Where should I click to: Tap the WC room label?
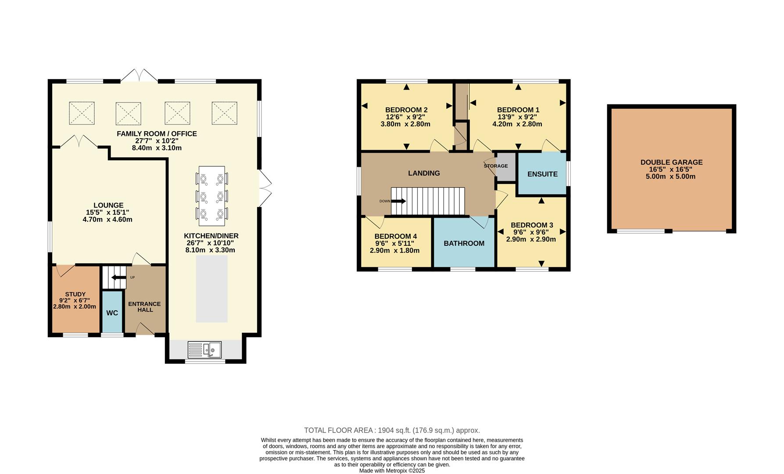coord(112,313)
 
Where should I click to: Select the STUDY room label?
coord(75,294)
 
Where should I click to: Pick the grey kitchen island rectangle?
coord(212,289)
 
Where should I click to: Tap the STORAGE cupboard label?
coord(496,166)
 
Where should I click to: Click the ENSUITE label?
coord(542,174)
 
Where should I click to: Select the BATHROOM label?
coord(464,244)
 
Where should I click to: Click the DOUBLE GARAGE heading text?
coord(671,162)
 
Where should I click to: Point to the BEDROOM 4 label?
coord(395,236)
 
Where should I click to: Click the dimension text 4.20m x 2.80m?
coord(517,124)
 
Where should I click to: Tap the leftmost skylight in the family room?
coord(82,113)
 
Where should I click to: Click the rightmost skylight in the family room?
coord(224,113)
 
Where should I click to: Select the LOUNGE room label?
coord(108,205)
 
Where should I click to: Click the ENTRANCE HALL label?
coord(144,307)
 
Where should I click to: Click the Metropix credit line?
coord(392,470)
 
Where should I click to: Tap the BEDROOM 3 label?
coord(532,225)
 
